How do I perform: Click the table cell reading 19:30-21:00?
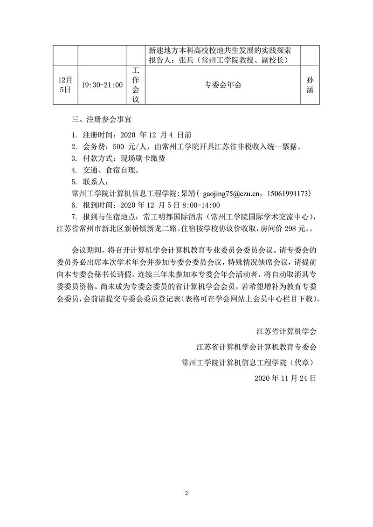102,85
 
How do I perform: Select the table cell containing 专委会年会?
223,85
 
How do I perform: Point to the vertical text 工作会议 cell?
136,85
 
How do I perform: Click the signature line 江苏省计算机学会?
287,332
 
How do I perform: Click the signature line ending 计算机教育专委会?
256,347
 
